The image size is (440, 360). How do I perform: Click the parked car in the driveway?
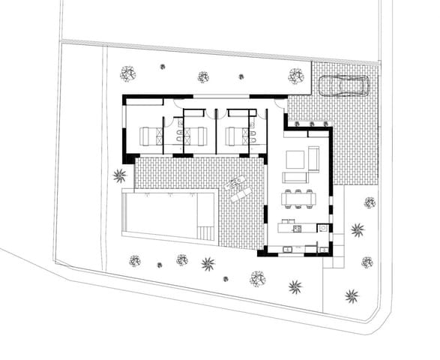[x=344, y=85]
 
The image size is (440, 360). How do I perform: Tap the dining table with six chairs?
[x=298, y=199]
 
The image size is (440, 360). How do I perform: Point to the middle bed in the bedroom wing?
[x=195, y=136]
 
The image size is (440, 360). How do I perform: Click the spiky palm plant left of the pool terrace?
[x=119, y=176]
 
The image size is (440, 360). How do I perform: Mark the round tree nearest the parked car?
[x=296, y=76]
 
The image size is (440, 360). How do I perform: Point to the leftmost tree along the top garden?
[x=128, y=73]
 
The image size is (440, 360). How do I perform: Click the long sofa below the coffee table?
[x=295, y=178]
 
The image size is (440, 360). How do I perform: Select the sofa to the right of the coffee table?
[x=313, y=158]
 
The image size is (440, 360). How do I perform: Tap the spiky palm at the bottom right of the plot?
[x=352, y=295]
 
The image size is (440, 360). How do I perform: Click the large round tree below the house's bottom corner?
[x=258, y=278]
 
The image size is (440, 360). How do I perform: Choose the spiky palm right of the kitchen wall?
[x=357, y=229]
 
